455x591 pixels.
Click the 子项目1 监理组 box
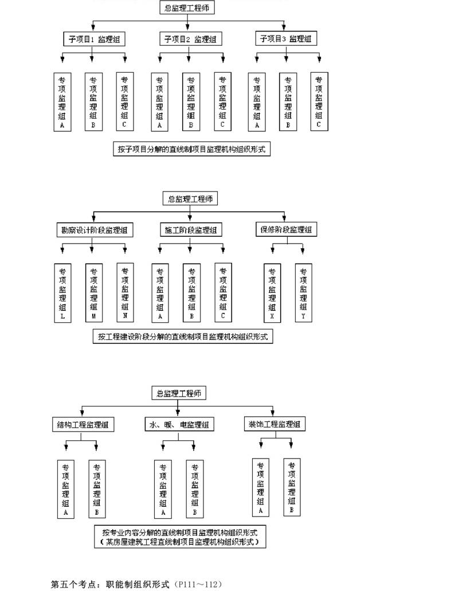point(94,39)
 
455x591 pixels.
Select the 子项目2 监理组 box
point(190,39)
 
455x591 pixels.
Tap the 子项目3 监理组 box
point(286,38)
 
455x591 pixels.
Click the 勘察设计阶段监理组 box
point(94,230)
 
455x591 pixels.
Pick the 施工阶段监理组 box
point(191,230)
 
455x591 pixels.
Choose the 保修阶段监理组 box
point(287,229)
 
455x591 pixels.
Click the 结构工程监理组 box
point(83,425)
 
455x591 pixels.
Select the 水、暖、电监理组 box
point(179,424)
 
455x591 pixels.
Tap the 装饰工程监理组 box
point(274,424)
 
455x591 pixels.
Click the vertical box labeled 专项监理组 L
point(62,293)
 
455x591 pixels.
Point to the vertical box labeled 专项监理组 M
point(94,293)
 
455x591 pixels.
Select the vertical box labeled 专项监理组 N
point(125,292)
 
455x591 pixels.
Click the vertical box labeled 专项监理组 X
point(272,293)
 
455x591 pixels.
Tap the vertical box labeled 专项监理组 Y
point(303,293)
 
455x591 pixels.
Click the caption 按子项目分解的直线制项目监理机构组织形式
point(192,149)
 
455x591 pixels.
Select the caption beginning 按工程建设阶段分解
point(183,336)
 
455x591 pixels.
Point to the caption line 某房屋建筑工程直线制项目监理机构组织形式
point(180,542)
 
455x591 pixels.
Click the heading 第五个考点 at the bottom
point(73,584)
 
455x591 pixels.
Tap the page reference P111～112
point(198,584)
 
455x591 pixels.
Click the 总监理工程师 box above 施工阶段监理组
point(190,199)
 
